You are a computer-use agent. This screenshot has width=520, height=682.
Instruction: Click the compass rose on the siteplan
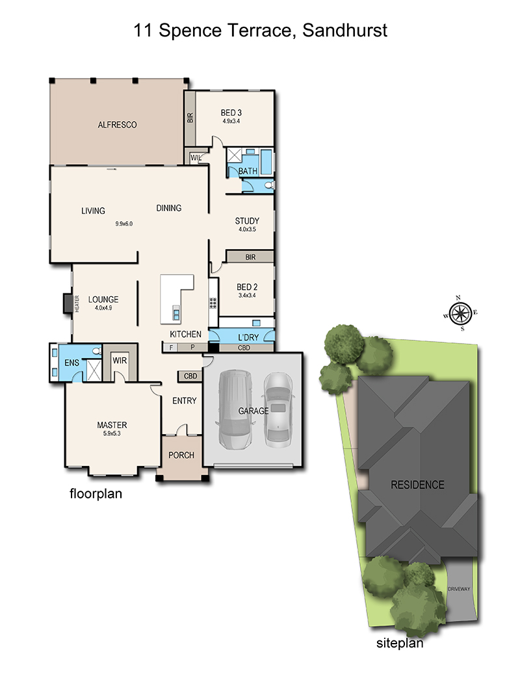460,314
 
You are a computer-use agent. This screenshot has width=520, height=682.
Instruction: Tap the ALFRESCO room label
117,125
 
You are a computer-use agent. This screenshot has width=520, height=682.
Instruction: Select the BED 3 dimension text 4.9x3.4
231,121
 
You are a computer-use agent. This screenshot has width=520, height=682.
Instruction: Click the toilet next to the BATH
270,185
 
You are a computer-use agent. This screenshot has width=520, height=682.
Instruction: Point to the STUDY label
247,221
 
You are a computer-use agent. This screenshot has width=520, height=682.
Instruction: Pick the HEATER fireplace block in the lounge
68,303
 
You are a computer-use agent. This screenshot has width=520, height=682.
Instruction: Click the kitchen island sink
176,313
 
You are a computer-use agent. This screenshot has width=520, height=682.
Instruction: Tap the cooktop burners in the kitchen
213,303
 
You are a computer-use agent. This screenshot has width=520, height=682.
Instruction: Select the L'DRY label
248,337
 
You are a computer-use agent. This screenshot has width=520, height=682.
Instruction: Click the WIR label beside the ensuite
120,361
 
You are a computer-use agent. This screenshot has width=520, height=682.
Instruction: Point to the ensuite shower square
94,370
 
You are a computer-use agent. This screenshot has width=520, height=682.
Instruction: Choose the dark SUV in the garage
235,410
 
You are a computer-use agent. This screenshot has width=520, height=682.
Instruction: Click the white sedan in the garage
278,410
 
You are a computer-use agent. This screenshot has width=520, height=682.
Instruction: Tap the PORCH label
181,455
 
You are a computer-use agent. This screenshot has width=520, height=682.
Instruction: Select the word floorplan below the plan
96,494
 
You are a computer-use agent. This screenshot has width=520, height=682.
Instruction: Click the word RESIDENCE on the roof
417,485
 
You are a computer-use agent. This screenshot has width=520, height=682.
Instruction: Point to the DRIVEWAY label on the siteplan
459,589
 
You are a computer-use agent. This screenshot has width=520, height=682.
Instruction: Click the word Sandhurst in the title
345,31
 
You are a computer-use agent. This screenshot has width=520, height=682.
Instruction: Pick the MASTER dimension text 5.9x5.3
112,433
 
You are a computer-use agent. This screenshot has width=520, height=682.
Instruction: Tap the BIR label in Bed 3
190,118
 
